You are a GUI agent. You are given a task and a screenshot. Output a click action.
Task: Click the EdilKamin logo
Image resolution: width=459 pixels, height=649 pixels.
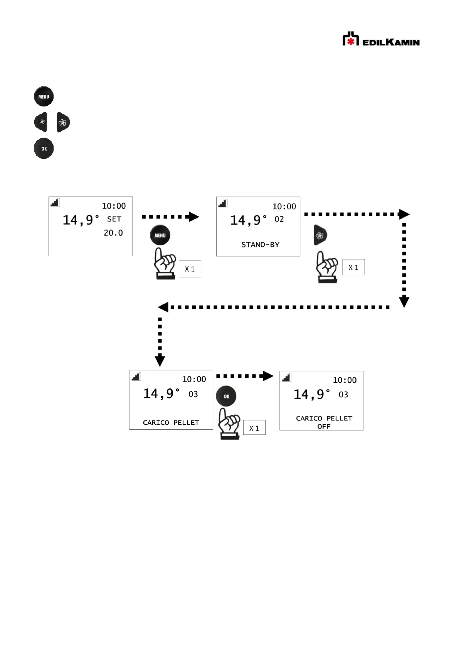click(x=381, y=39)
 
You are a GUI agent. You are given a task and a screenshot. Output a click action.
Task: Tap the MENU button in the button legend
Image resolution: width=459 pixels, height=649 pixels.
click(x=44, y=96)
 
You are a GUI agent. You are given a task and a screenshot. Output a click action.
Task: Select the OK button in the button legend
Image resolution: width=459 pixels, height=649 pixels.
click(x=44, y=148)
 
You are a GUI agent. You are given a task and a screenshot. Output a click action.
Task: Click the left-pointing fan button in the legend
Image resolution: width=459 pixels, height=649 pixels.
click(x=40, y=122)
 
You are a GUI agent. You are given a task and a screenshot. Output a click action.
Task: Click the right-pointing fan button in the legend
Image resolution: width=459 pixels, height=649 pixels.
click(x=64, y=122)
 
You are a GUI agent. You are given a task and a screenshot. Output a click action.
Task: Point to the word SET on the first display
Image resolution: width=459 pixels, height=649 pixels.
click(x=114, y=219)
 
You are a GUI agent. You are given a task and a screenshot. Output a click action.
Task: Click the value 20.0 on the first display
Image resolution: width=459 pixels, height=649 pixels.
click(x=113, y=233)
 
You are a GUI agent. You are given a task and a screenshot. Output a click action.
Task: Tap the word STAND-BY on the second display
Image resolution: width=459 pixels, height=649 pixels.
click(x=260, y=245)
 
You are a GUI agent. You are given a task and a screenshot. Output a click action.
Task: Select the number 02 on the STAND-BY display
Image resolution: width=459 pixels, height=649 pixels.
click(x=279, y=219)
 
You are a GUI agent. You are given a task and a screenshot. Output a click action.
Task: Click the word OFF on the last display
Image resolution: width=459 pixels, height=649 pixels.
click(x=324, y=427)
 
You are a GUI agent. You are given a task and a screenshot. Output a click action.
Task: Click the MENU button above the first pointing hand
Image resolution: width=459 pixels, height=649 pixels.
click(x=160, y=235)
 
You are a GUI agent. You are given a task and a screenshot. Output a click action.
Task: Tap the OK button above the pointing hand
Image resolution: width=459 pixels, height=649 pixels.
click(x=226, y=396)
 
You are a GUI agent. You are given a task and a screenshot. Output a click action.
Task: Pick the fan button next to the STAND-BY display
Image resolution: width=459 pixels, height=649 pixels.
click(x=321, y=235)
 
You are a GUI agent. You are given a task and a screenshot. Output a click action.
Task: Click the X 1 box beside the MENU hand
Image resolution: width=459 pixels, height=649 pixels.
click(x=190, y=269)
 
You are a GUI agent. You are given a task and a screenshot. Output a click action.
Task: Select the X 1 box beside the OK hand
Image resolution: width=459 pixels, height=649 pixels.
click(x=254, y=428)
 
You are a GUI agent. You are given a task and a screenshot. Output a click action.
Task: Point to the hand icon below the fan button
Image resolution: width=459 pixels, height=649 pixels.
click(x=327, y=267)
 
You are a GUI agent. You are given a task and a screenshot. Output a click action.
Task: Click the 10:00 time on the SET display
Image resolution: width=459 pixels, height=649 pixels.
click(x=114, y=206)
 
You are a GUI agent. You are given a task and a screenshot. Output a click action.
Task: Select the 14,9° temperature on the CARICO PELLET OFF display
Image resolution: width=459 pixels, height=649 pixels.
click(x=312, y=394)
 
